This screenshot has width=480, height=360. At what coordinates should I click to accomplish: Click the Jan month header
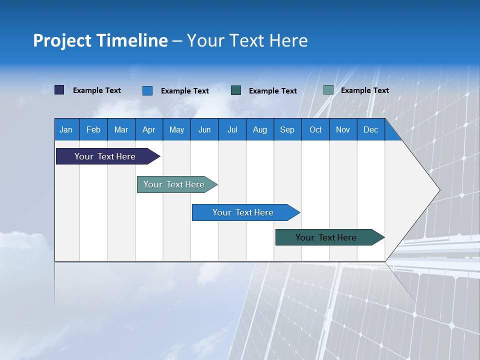coord(66,129)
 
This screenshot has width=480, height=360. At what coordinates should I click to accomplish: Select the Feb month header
coord(93,129)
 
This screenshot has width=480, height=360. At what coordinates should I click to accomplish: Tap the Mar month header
coord(121,129)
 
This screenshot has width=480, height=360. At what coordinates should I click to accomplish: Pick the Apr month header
coord(148,129)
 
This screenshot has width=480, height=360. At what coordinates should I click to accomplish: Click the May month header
coord(176,129)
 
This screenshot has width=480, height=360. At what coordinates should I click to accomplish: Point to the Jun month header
coord(204,129)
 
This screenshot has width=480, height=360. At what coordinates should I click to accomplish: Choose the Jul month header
coord(232,129)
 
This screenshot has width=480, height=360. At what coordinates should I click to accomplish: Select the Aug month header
coord(259,129)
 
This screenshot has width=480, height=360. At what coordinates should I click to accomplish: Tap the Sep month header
coord(287,129)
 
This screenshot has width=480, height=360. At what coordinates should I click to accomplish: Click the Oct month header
coord(315,129)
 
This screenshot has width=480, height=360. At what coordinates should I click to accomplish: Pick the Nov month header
coord(343,129)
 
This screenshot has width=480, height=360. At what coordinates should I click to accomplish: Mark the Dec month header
coord(370,129)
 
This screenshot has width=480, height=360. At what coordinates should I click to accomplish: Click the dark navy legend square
coord(59,90)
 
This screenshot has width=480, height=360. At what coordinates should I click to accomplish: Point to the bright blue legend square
coord(147,90)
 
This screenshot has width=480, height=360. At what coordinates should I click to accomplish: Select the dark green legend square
coord(236,90)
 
